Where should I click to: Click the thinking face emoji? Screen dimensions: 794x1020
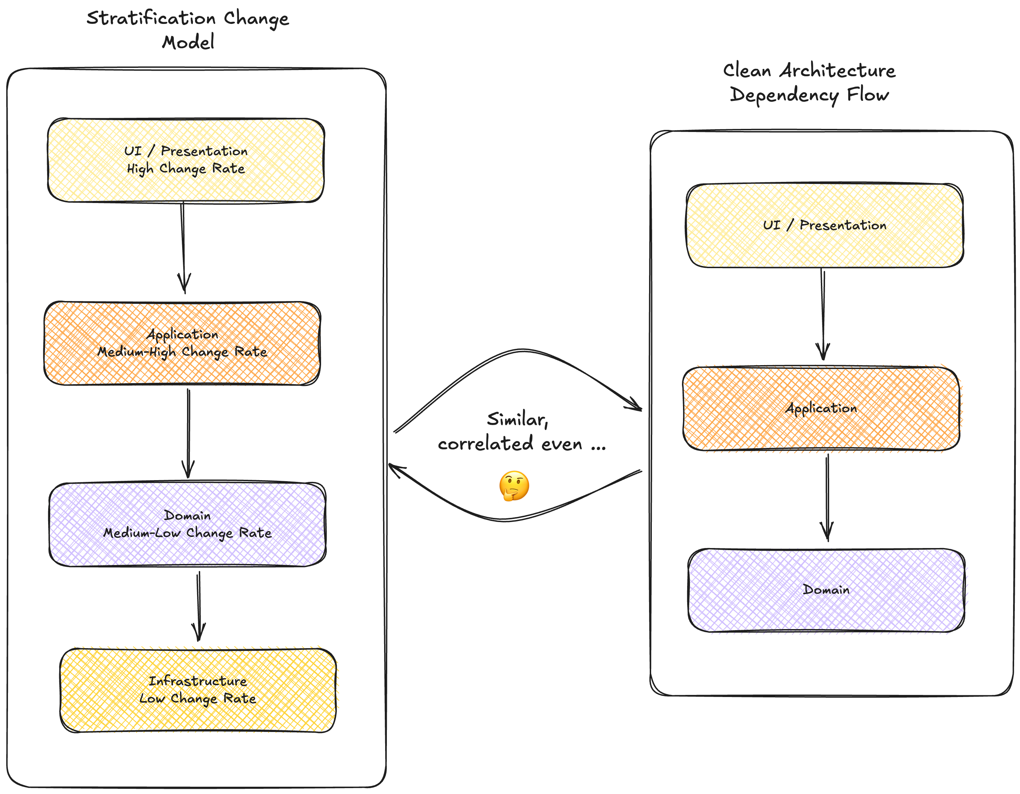tap(514, 486)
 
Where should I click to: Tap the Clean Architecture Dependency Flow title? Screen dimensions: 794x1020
tap(809, 82)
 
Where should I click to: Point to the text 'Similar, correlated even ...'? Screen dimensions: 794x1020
tap(521, 432)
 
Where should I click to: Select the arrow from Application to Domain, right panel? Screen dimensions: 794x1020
tap(827, 497)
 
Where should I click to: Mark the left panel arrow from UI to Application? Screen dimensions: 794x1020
tap(183, 248)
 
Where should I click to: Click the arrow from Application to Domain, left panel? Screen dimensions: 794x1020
tap(188, 432)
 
